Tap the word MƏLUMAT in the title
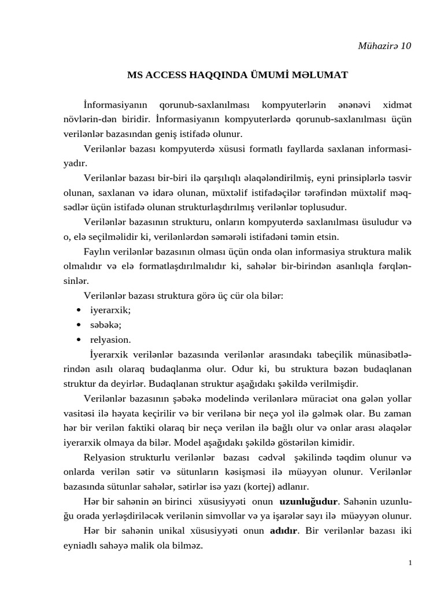321,75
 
